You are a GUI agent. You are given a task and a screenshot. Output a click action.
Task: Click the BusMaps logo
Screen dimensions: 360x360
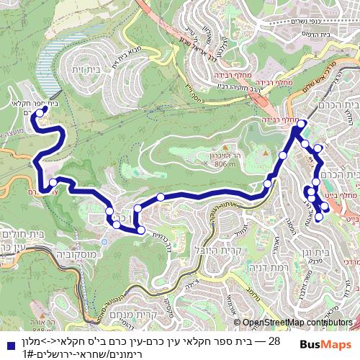tap(325, 344)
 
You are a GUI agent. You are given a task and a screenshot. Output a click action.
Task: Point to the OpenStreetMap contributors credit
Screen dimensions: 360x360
tap(297, 323)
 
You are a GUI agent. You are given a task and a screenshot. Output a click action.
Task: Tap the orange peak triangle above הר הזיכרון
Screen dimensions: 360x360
tap(266, 153)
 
